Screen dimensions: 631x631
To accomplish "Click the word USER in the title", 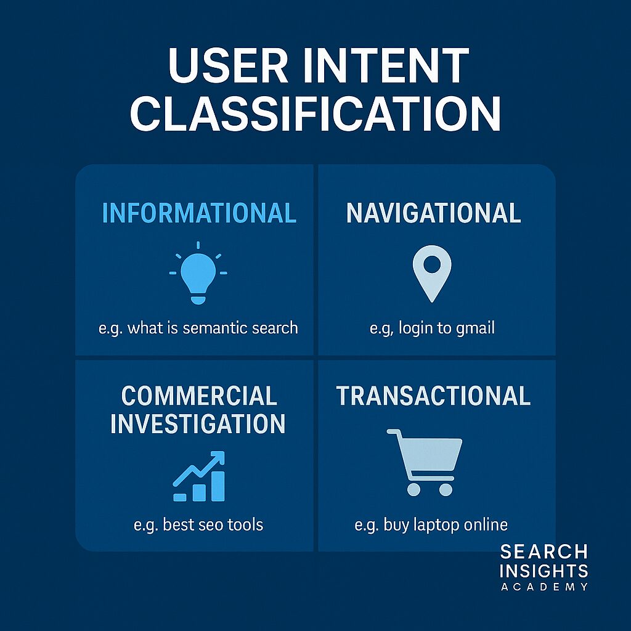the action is click(228, 65).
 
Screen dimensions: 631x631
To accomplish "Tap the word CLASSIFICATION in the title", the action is click(315, 113).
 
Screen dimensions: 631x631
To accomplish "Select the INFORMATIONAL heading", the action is click(199, 213).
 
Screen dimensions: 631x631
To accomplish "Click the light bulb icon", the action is click(198, 273).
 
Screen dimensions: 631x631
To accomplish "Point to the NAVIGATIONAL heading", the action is click(433, 213).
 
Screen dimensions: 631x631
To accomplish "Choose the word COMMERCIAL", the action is click(199, 396).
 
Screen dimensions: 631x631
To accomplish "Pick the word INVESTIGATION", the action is click(198, 423).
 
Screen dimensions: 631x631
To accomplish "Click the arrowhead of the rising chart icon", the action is click(218, 458).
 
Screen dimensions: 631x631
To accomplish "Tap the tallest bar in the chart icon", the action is click(218, 486).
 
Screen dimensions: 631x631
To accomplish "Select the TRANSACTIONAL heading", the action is click(433, 396).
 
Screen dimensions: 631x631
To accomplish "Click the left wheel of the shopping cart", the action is click(413, 489).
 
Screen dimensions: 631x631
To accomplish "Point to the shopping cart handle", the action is click(394, 432).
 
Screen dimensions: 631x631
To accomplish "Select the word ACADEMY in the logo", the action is click(544, 587).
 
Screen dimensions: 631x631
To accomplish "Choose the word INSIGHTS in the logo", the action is click(544, 571).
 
